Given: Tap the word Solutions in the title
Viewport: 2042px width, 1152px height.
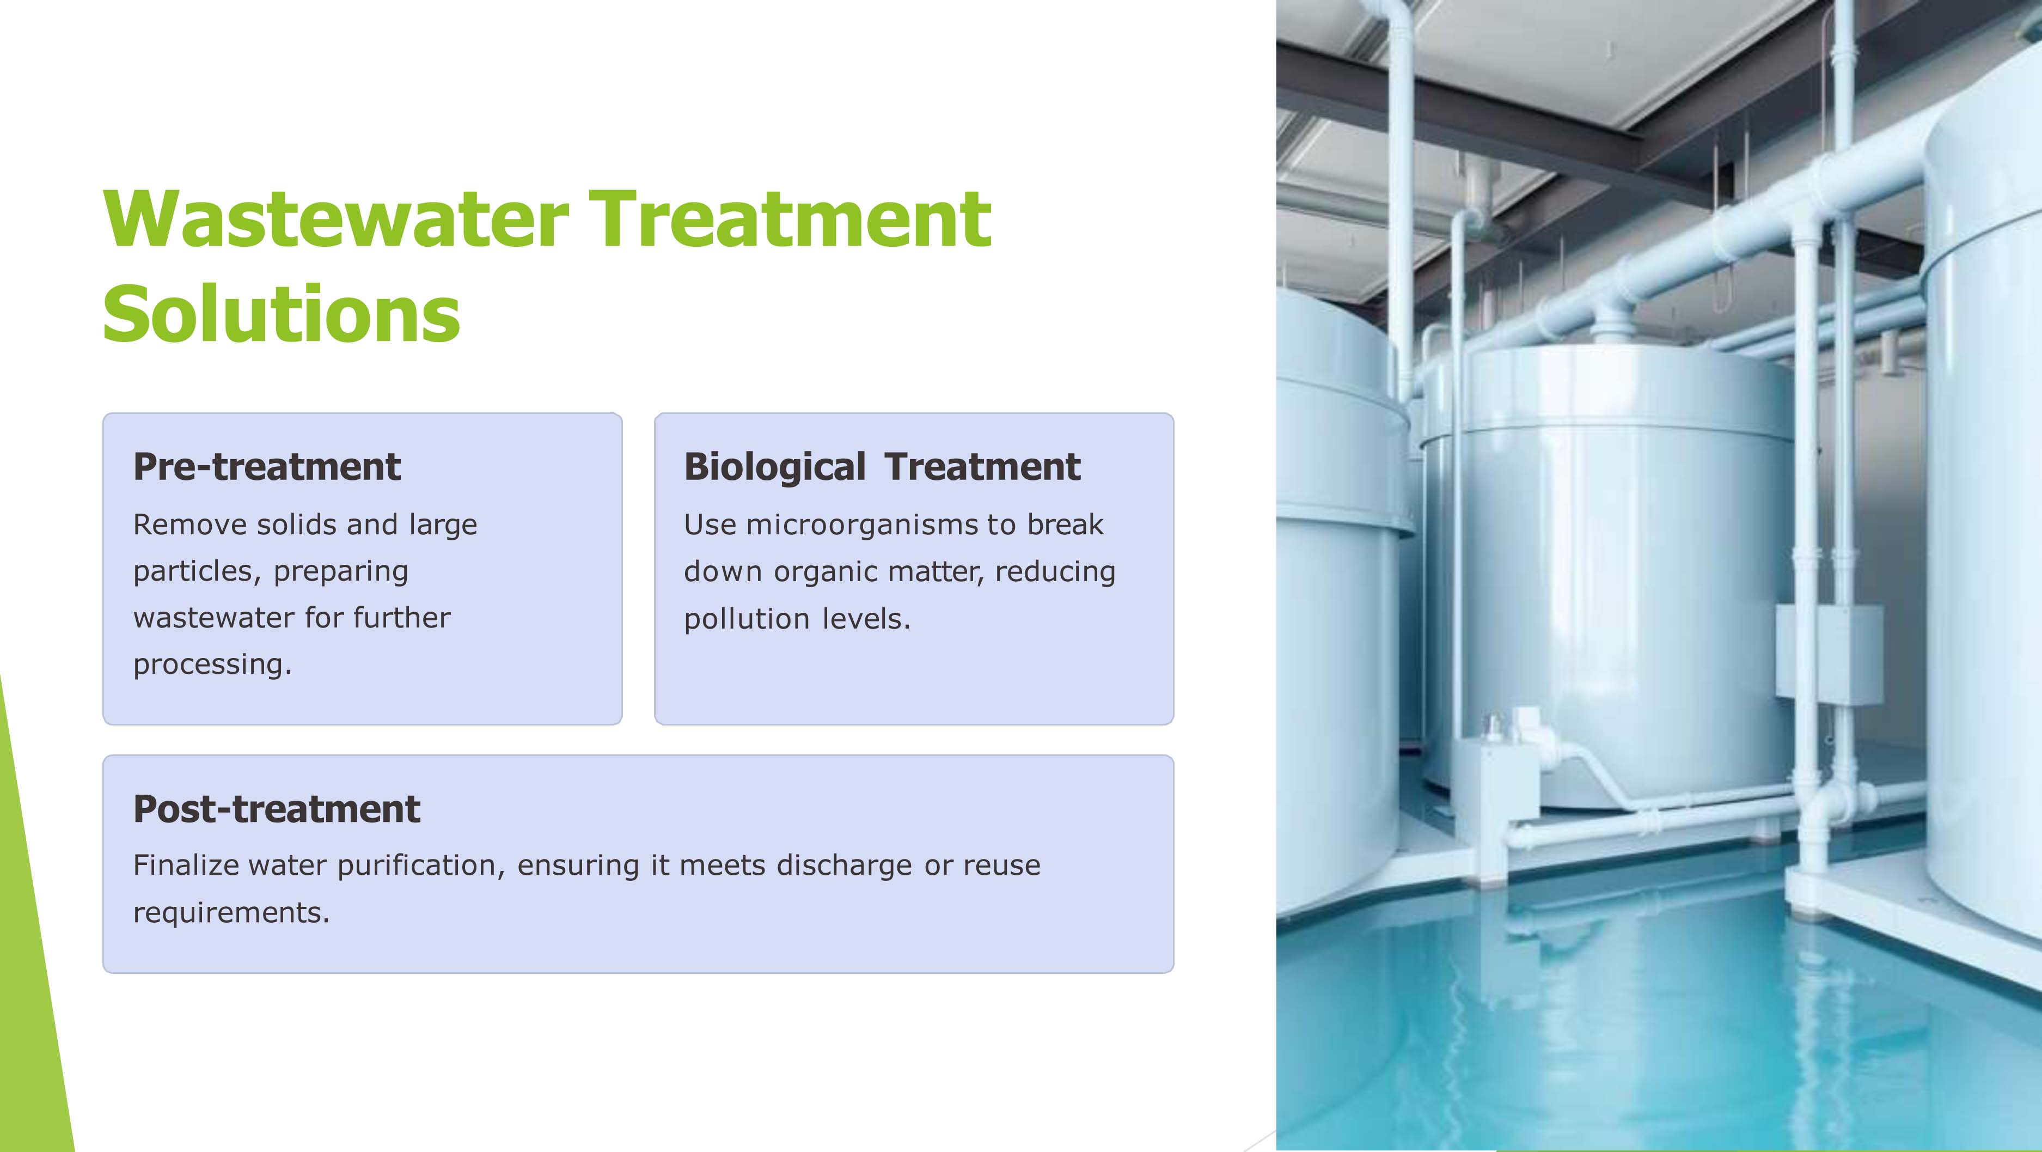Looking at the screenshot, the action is coord(282,314).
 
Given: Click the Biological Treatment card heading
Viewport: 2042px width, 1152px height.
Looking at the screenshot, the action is coord(882,466).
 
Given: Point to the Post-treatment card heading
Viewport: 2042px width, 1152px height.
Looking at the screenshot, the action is coord(277,809).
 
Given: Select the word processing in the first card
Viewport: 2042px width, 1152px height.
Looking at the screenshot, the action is coord(212,665).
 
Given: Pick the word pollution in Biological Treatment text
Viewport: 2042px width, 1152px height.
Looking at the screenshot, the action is coord(747,618).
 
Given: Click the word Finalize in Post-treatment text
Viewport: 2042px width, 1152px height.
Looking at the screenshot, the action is coord(186,865).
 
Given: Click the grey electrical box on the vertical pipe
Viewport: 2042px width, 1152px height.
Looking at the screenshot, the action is coord(1829,655).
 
